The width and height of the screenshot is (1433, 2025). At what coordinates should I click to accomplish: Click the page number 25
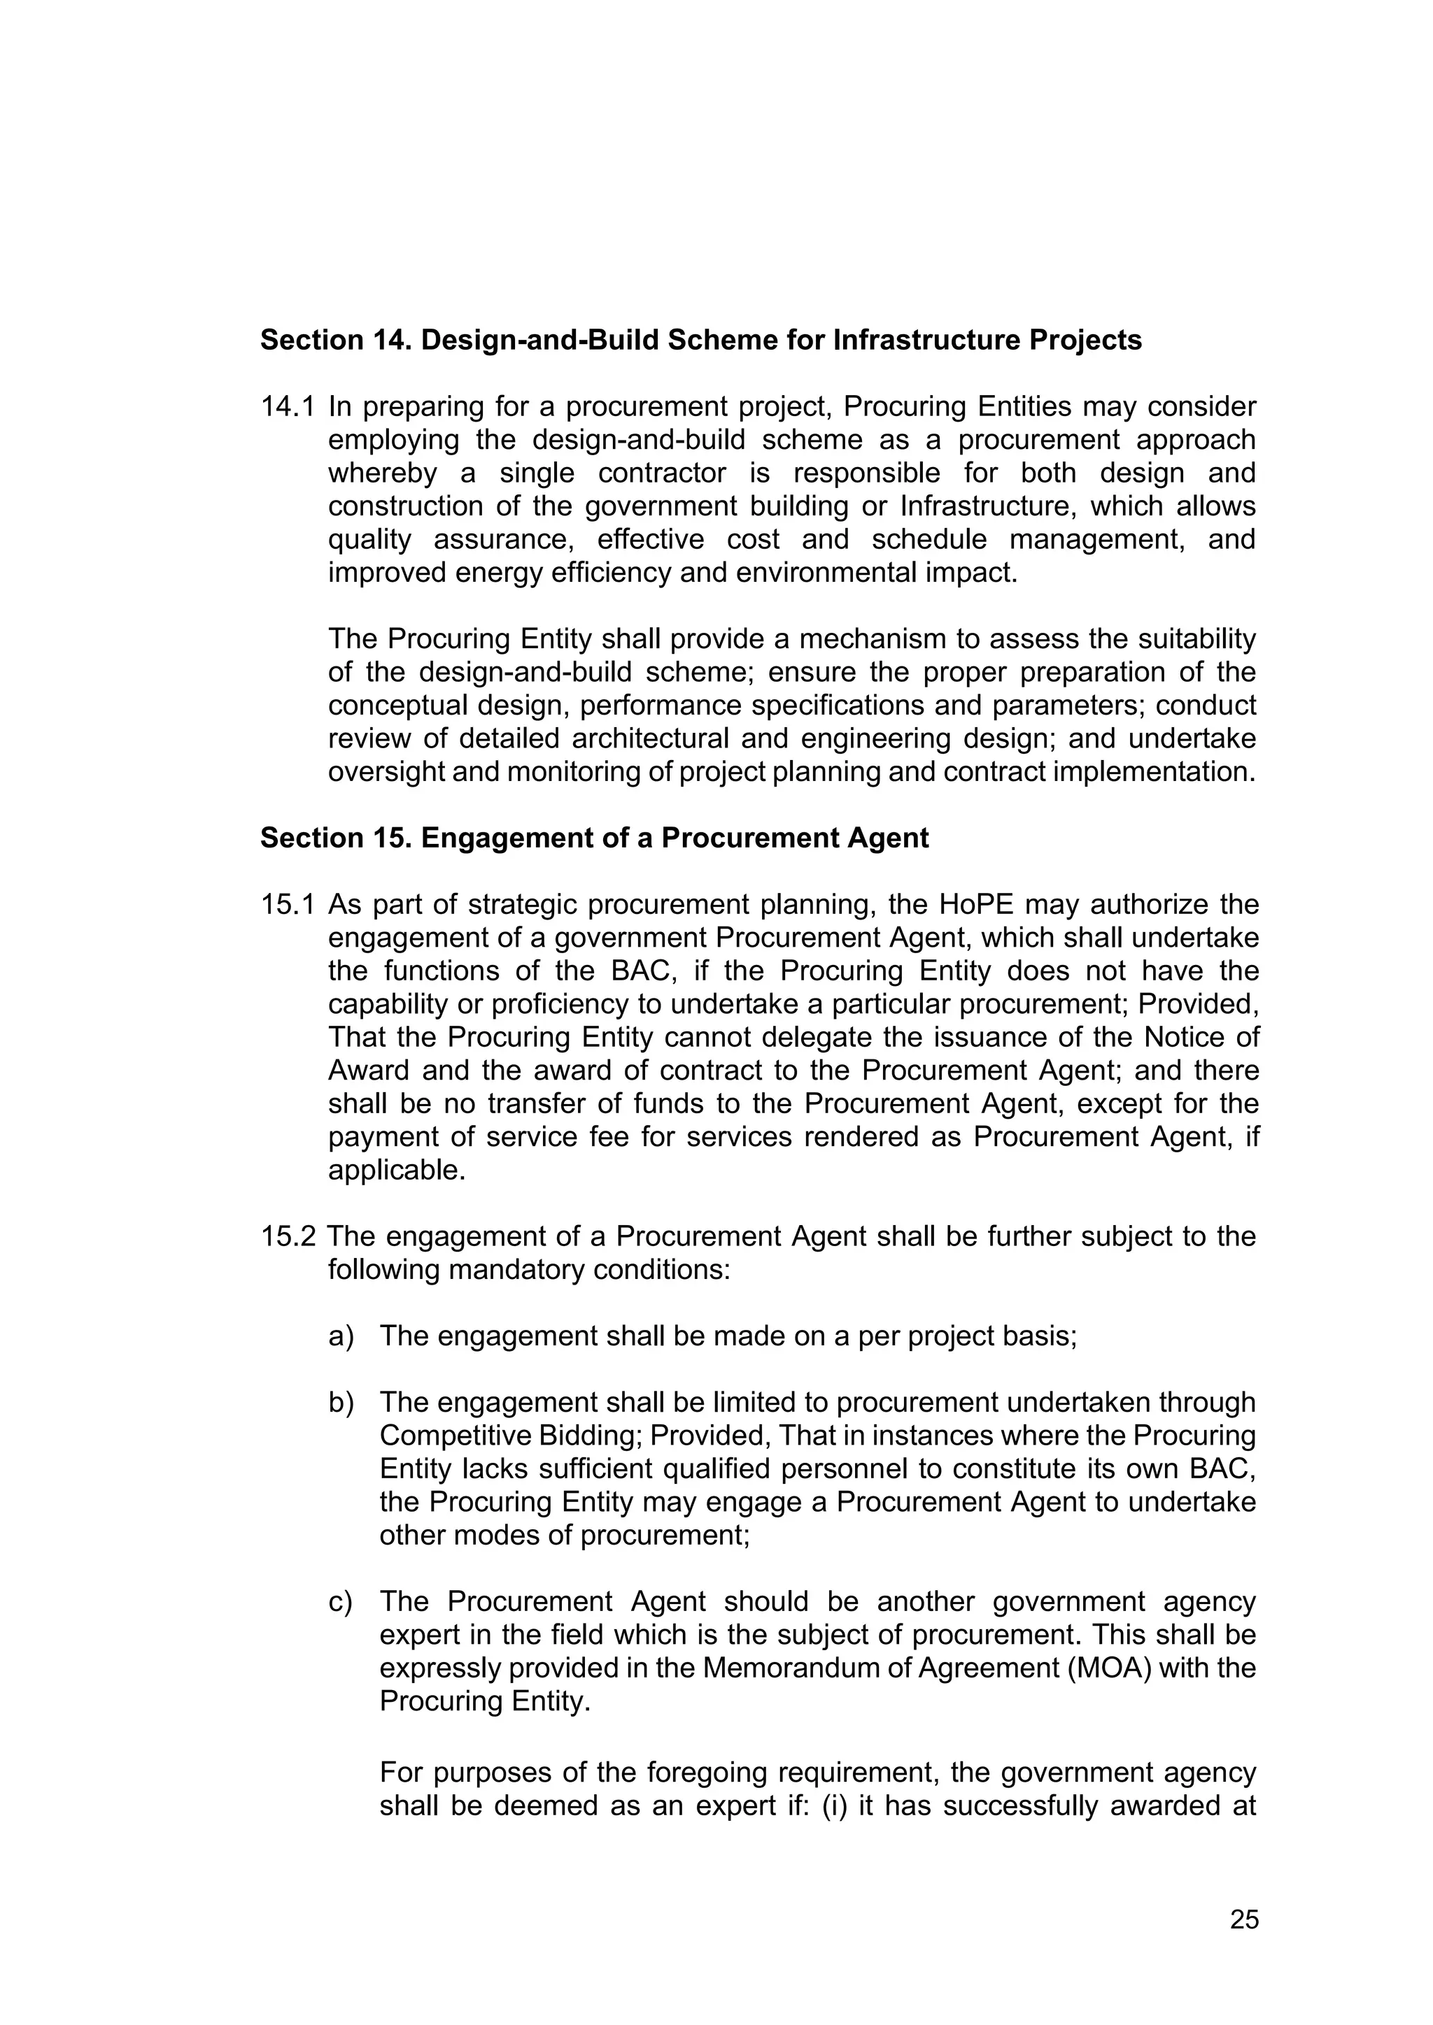[1244, 1919]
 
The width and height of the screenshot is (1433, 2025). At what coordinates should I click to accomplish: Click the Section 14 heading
[700, 340]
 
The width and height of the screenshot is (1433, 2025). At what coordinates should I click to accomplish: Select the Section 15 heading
[594, 837]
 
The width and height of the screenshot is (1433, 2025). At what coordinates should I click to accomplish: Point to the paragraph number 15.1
[287, 904]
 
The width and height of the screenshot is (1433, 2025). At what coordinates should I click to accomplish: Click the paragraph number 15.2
[287, 1236]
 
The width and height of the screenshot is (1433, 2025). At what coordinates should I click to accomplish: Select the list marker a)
[341, 1336]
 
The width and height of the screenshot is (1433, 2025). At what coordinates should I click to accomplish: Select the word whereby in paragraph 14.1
[382, 473]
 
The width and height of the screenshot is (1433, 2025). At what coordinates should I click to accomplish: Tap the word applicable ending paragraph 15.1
[396, 1171]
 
